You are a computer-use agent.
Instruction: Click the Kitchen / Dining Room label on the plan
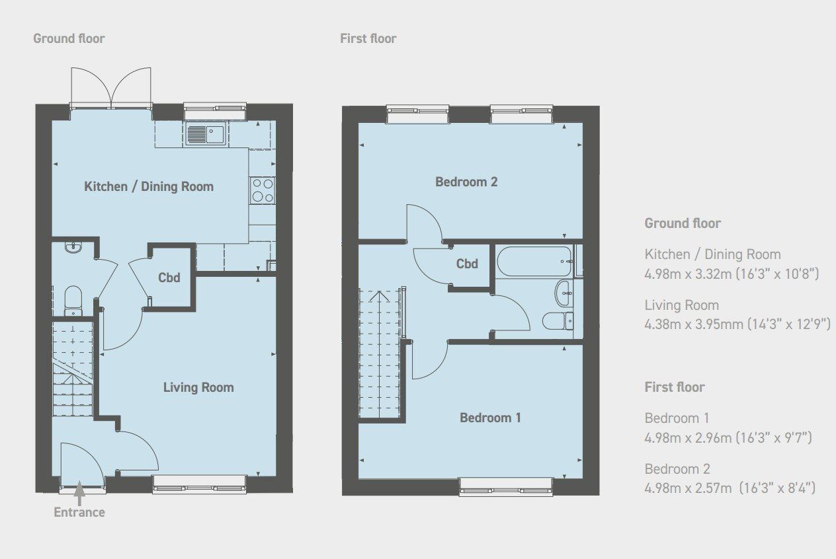click(x=149, y=186)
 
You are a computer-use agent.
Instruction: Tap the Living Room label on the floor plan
click(x=198, y=387)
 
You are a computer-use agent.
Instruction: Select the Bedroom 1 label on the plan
click(x=490, y=418)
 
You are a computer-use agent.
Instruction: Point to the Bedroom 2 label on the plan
click(x=466, y=182)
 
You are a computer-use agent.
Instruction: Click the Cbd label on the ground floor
click(x=169, y=278)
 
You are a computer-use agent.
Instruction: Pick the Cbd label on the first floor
click(x=467, y=264)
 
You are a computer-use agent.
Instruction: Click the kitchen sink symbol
click(x=206, y=134)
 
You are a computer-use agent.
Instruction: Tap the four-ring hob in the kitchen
click(x=262, y=190)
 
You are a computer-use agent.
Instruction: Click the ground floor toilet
click(x=72, y=299)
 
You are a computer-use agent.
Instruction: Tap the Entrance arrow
click(x=79, y=493)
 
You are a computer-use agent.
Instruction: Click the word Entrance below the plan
click(x=79, y=512)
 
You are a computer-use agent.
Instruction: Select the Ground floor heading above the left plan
click(x=69, y=38)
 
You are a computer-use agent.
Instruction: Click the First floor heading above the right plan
click(x=368, y=38)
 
